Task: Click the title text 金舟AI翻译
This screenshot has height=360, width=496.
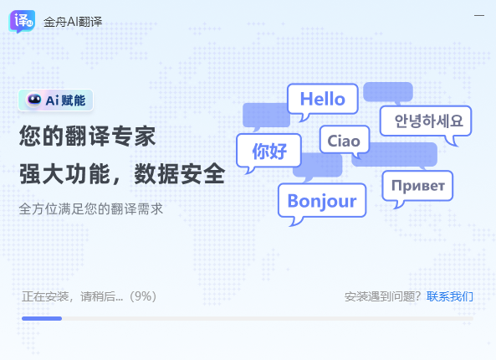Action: point(73,21)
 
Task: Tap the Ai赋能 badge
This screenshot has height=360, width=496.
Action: point(55,100)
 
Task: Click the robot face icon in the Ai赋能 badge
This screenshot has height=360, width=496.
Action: point(34,100)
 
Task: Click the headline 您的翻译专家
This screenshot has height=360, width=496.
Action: point(88,136)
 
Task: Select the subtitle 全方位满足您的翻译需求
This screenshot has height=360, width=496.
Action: point(91,208)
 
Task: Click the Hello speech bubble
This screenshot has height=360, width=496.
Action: point(322,99)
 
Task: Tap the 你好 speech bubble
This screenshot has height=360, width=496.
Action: point(268,152)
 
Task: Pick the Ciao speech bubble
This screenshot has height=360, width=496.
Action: point(343,141)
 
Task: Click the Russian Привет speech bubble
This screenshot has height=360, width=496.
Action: point(418,185)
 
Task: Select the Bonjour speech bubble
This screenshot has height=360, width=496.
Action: point(321,201)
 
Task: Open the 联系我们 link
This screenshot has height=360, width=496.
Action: point(450,296)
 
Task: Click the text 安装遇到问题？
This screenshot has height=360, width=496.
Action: point(383,296)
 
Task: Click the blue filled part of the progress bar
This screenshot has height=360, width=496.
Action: point(42,318)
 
